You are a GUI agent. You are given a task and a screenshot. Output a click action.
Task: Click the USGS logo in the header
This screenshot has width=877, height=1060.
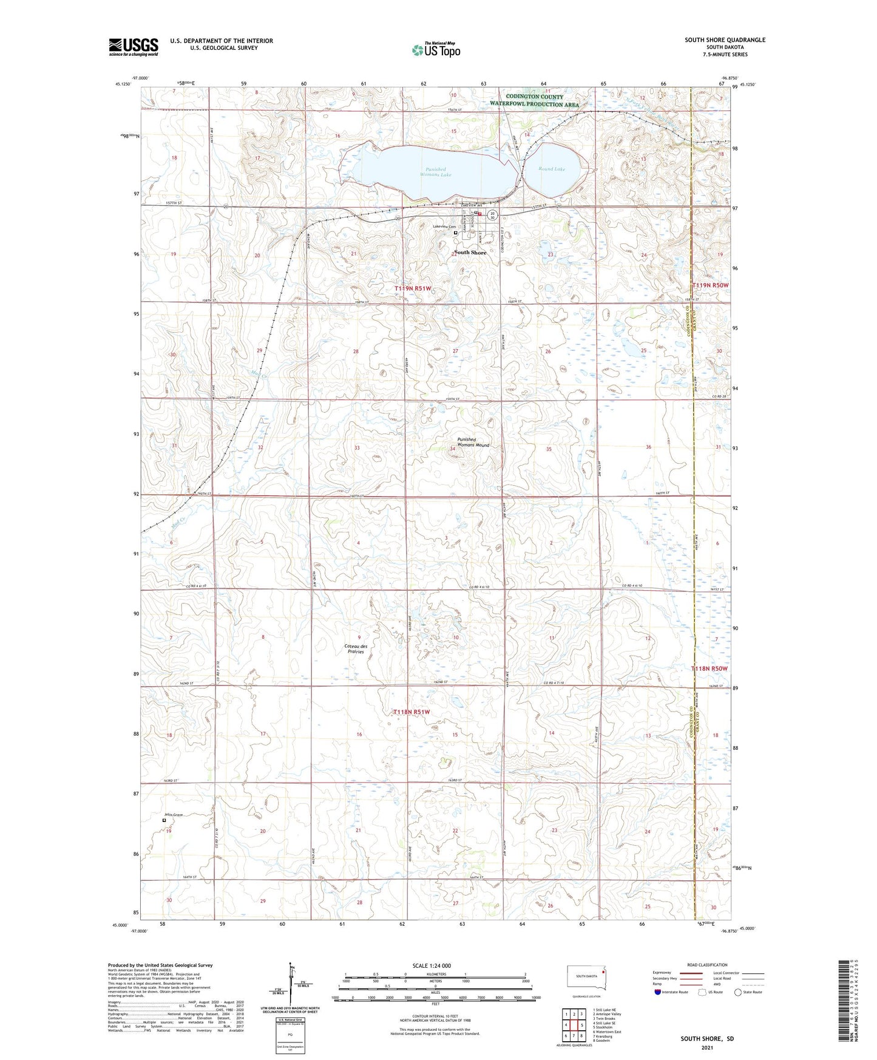pos(134,47)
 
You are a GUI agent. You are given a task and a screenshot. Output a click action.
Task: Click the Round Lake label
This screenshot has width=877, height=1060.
pos(552,169)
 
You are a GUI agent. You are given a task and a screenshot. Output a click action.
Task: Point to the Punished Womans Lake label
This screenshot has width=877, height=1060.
pos(435,172)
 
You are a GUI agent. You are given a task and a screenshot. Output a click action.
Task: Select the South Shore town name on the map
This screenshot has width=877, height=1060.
pos(470,253)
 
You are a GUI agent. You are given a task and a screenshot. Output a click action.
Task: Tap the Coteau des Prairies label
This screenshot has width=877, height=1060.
pos(356,649)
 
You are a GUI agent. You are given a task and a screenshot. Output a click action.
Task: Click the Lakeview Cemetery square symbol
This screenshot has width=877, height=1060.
pos(456,233)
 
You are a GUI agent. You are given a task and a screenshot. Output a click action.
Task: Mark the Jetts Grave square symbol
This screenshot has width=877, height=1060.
pos(164,820)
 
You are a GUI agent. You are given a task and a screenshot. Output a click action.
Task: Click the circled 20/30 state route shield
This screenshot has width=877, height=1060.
pos(493,215)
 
